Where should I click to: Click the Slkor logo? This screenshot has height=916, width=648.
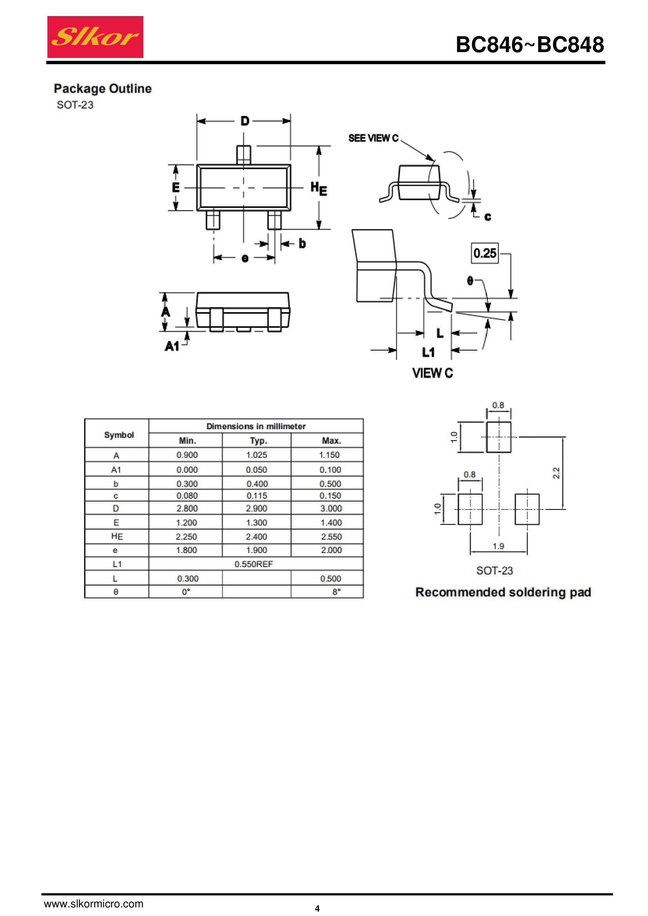coord(95,37)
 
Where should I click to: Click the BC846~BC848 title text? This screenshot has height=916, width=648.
coord(530,44)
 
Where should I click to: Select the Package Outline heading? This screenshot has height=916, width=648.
coord(103,89)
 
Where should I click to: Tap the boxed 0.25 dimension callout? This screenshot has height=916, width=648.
coord(485,253)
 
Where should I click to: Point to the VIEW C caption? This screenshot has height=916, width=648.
coord(433,373)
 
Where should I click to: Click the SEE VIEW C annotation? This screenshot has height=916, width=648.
coord(373,138)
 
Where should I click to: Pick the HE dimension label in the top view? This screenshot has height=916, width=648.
coord(319,188)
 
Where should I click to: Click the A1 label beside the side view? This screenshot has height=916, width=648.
coord(172,346)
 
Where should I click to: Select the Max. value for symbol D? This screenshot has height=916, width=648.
coord(331,508)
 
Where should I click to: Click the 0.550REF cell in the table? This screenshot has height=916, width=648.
coord(253,564)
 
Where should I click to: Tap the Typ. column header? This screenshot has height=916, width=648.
coord(259,441)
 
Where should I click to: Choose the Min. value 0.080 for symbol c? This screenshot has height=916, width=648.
coord(187,495)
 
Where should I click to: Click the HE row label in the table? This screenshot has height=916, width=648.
coord(117,536)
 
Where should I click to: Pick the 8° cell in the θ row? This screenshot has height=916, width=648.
coord(337,592)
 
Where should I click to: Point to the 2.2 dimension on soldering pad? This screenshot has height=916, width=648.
coord(556,473)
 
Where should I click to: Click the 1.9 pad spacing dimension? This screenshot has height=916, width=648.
coord(498,546)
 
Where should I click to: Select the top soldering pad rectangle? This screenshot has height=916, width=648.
coord(499,437)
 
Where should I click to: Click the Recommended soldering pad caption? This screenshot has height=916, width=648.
coord(503,592)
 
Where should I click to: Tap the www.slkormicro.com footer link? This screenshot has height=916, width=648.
coord(93,903)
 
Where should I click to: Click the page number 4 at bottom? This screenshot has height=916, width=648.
coord(317,909)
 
